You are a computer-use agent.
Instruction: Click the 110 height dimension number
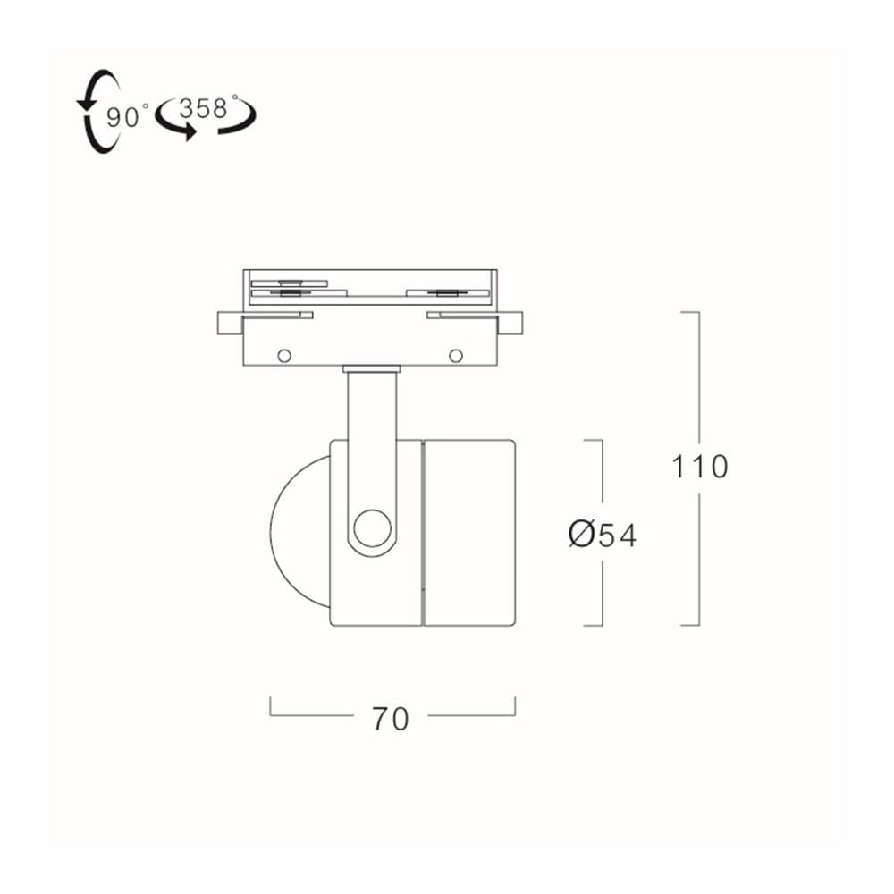[700, 467]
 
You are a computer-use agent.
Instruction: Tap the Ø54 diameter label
[602, 535]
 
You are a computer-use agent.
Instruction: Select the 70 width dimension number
[391, 719]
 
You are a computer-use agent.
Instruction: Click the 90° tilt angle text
[127, 117]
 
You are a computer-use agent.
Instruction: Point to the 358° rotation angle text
[207, 107]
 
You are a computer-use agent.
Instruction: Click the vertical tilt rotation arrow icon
[98, 111]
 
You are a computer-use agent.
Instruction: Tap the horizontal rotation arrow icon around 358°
[207, 121]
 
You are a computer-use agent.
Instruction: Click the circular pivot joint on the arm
[372, 528]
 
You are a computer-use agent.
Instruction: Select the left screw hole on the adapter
[284, 356]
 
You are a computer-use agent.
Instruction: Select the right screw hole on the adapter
[456, 356]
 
